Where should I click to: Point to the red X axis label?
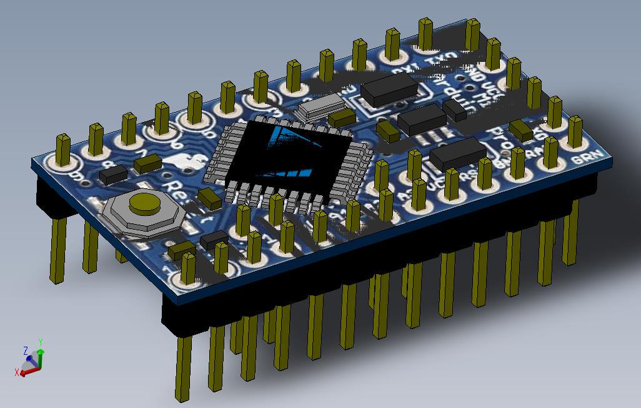tap(17, 372)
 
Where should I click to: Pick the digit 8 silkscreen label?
tap(111, 163)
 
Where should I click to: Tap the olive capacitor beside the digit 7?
tap(148, 165)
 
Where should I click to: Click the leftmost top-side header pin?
tap(64, 151)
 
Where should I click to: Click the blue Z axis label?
tap(26, 350)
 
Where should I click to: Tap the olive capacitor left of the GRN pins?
tap(520, 130)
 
